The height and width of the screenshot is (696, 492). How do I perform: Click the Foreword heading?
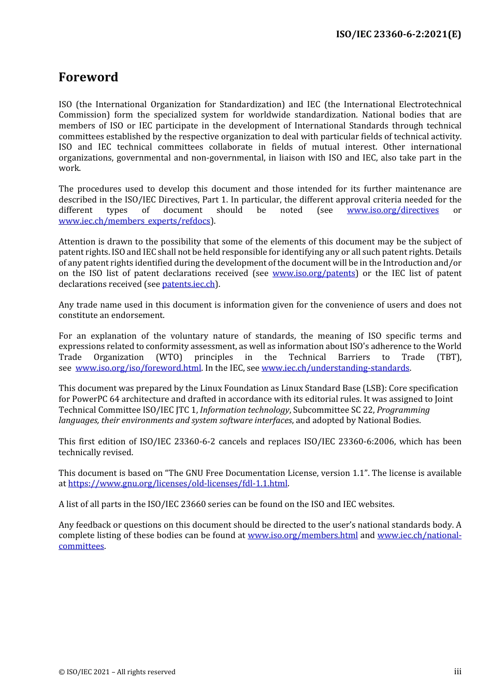point(88,77)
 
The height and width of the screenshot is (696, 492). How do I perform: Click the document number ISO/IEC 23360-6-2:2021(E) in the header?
point(398,34)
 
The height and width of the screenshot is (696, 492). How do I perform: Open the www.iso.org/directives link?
point(393,210)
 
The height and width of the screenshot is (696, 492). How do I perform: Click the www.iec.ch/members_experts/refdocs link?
point(135,221)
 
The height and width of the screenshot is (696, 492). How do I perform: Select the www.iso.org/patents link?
point(314,273)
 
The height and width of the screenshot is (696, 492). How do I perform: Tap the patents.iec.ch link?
point(189,284)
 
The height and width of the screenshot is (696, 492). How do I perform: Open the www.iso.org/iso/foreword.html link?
point(138,368)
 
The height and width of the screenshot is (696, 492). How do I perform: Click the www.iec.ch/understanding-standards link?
point(335,368)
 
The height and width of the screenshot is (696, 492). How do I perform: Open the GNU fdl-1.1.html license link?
point(178,484)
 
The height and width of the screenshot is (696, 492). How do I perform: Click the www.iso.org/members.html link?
point(302,535)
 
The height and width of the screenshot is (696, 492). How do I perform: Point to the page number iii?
point(457,672)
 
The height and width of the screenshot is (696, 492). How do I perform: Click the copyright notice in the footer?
point(117,672)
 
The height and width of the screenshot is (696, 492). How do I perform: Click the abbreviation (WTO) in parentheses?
point(169,357)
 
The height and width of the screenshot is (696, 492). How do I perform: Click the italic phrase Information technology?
point(244,410)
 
